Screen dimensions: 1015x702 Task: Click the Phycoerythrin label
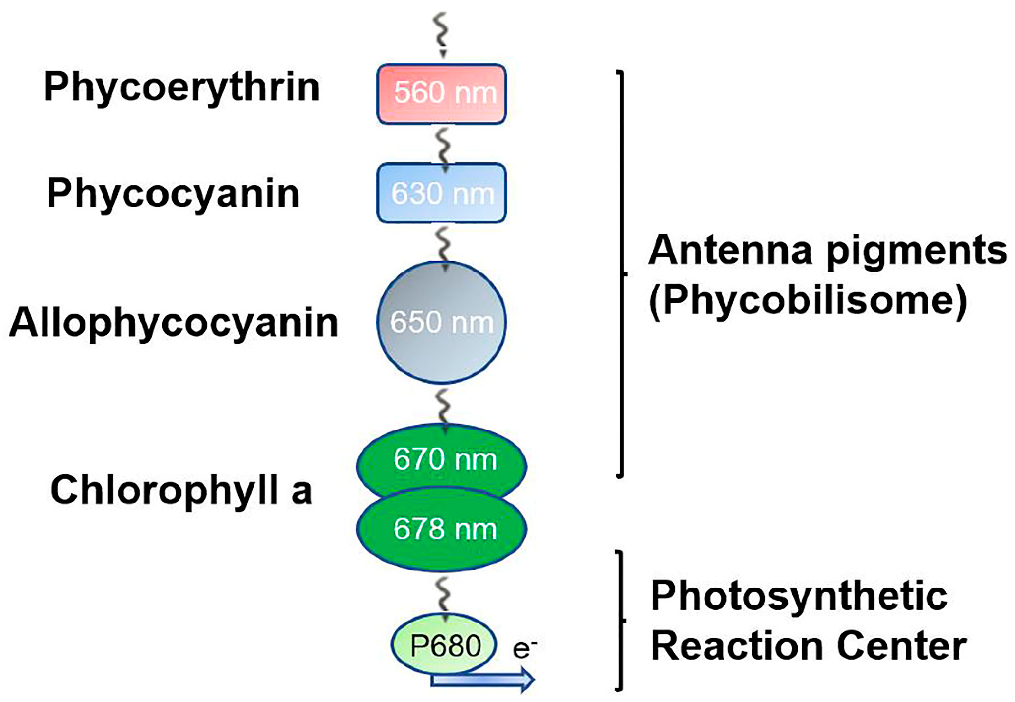click(x=181, y=88)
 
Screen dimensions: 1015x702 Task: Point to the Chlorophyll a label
click(x=181, y=490)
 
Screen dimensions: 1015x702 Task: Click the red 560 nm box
click(x=441, y=94)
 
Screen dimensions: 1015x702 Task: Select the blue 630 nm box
click(x=441, y=193)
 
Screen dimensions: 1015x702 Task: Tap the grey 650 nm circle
click(x=441, y=323)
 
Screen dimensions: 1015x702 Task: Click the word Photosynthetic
click(x=799, y=596)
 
